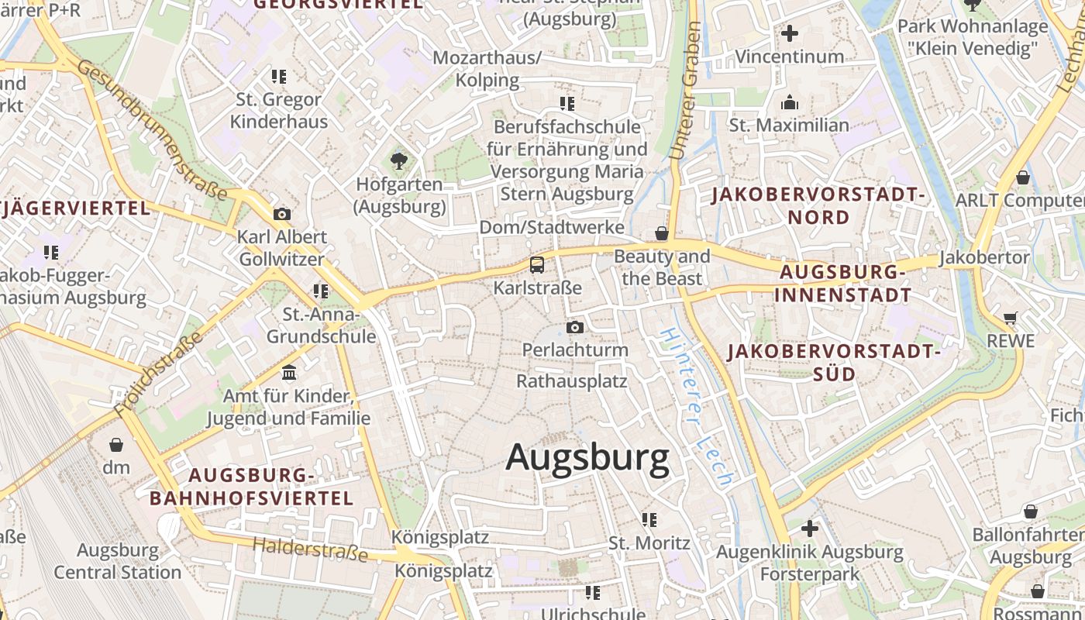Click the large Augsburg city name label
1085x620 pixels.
pos(587,458)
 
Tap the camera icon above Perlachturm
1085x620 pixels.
pos(574,327)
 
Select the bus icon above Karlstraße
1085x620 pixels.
pos(537,265)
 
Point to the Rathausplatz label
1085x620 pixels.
pos(572,381)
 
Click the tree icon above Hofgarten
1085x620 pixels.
pos(399,161)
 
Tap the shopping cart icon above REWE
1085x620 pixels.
pos(1010,318)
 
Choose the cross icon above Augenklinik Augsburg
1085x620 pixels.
pos(809,529)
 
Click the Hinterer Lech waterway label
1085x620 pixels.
pos(695,407)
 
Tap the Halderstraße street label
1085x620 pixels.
pos(310,549)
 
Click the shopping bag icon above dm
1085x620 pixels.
pos(116,445)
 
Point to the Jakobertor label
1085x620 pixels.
pos(984,257)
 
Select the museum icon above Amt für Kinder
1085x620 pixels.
pos(289,373)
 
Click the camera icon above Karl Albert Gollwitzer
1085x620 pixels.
pos(282,214)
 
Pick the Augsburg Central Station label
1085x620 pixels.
pos(118,562)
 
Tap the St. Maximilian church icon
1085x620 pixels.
pos(790,102)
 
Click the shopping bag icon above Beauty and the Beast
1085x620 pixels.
pos(661,232)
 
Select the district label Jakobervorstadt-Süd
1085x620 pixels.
pos(834,363)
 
